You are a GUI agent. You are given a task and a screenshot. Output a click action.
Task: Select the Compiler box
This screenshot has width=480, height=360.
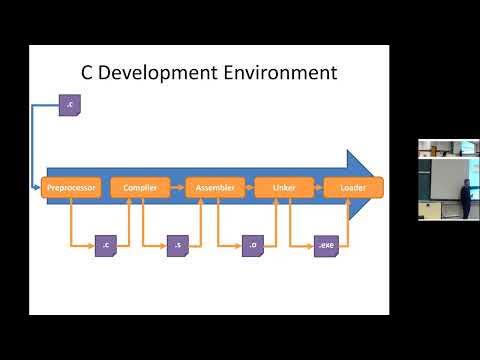(x=141, y=187)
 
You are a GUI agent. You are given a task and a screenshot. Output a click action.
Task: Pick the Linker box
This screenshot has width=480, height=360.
(x=282, y=187)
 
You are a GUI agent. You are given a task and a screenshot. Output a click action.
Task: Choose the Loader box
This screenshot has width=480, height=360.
(x=353, y=187)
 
